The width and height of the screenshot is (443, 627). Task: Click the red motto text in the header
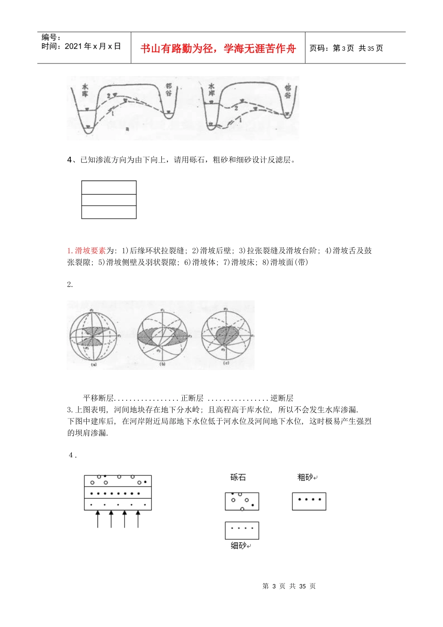click(218, 49)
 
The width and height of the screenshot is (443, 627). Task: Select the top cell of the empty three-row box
click(109, 188)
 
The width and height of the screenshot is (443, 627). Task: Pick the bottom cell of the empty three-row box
click(109, 212)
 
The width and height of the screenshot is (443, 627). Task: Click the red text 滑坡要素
click(90, 251)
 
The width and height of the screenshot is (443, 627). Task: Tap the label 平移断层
click(98, 398)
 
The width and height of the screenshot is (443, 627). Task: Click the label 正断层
click(192, 398)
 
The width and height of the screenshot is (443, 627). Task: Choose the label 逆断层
click(282, 398)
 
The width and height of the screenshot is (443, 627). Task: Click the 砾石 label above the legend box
click(238, 477)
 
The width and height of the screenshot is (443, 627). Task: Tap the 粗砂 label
click(305, 477)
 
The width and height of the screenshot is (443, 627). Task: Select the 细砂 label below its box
click(238, 545)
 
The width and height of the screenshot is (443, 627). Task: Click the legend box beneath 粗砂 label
click(309, 502)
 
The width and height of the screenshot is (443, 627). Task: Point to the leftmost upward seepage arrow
click(97, 519)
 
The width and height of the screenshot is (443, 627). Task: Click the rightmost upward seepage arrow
click(138, 519)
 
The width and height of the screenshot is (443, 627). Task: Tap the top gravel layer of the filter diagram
click(118, 481)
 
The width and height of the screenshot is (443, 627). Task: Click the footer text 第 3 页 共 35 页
click(289, 586)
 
